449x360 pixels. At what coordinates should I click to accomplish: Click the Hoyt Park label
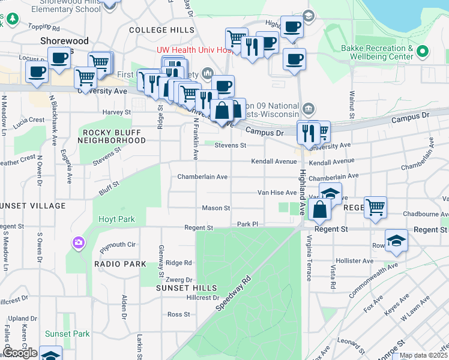pyautogui.click(x=117, y=220)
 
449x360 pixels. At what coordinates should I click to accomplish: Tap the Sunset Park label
pyautogui.click(x=67, y=334)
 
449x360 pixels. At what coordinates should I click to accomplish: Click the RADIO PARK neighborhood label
pyautogui.click(x=120, y=264)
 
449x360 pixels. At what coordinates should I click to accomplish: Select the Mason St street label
pyautogui.click(x=215, y=208)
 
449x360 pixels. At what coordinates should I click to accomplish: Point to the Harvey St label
pyautogui.click(x=116, y=112)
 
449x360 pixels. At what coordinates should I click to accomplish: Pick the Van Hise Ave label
pyautogui.click(x=277, y=193)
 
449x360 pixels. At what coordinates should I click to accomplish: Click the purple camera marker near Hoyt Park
pyautogui.click(x=79, y=243)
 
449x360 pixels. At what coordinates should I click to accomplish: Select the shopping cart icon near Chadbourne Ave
pyautogui.click(x=375, y=208)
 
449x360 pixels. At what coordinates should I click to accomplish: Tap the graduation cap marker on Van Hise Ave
pyautogui.click(x=330, y=194)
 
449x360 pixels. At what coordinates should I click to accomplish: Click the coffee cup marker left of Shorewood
pyautogui.click(x=37, y=73)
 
